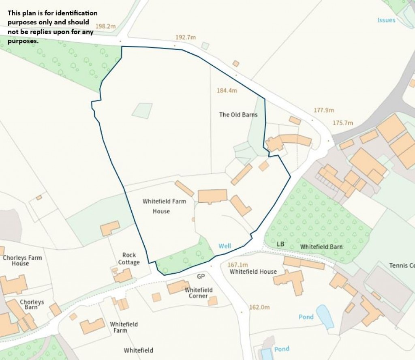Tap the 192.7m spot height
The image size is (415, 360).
[x=185, y=37]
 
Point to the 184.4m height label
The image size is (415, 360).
[x=227, y=91]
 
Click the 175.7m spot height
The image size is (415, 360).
[x=343, y=123]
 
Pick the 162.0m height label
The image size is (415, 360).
[x=259, y=307]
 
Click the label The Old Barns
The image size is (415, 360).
[x=238, y=115]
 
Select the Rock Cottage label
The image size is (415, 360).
[x=129, y=259]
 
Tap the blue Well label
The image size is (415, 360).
[x=225, y=246]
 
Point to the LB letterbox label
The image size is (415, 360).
[x=280, y=244]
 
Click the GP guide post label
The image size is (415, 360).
[x=201, y=276]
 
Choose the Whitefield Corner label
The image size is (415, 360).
[x=199, y=293]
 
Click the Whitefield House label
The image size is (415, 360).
[x=253, y=272]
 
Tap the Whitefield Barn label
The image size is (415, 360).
[x=321, y=246]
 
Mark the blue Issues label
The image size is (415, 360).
[x=386, y=20]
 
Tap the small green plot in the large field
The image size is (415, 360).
[x=142, y=110]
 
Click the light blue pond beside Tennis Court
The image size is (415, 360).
[x=325, y=316]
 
